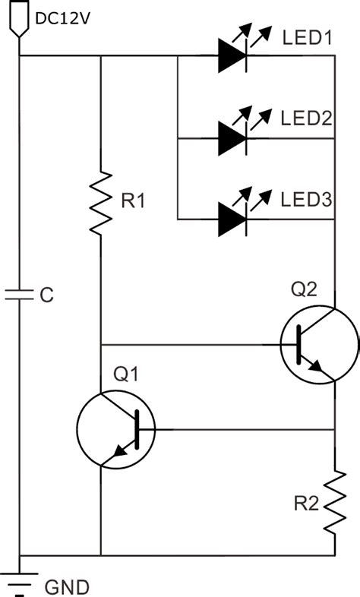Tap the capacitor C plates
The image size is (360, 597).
pos(18,294)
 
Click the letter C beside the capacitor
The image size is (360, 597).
pos(46,295)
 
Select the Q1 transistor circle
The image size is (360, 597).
pos(116,430)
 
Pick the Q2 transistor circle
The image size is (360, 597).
pos(319,344)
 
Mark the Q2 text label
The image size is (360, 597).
pos(305,289)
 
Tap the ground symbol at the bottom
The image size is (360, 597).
pos(18,579)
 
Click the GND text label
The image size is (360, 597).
pos(67,587)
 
